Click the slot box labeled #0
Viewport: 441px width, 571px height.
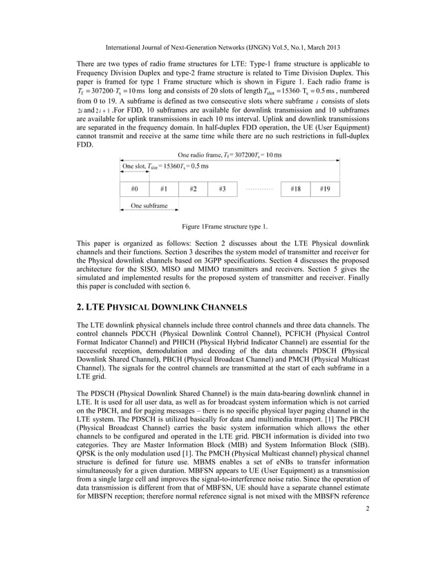click(x=135, y=189)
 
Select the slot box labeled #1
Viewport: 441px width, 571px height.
click(x=164, y=189)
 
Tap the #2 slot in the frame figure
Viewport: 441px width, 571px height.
click(x=193, y=189)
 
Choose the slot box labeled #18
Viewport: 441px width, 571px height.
click(x=295, y=189)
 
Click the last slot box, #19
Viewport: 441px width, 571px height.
click(x=324, y=189)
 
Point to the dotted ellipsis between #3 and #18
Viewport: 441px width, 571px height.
click(x=259, y=189)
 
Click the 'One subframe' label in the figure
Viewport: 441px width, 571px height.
click(x=149, y=206)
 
